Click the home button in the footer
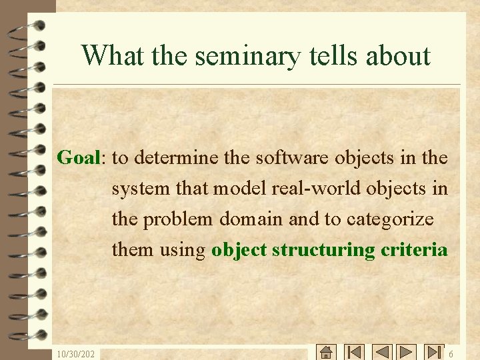tap(326, 352)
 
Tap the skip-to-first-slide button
tap(354, 352)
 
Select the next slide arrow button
tap(406, 352)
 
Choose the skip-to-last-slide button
tap(434, 352)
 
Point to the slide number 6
tap(451, 354)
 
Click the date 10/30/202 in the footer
tap(75, 354)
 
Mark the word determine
tap(177, 158)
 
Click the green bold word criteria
tap(415, 250)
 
